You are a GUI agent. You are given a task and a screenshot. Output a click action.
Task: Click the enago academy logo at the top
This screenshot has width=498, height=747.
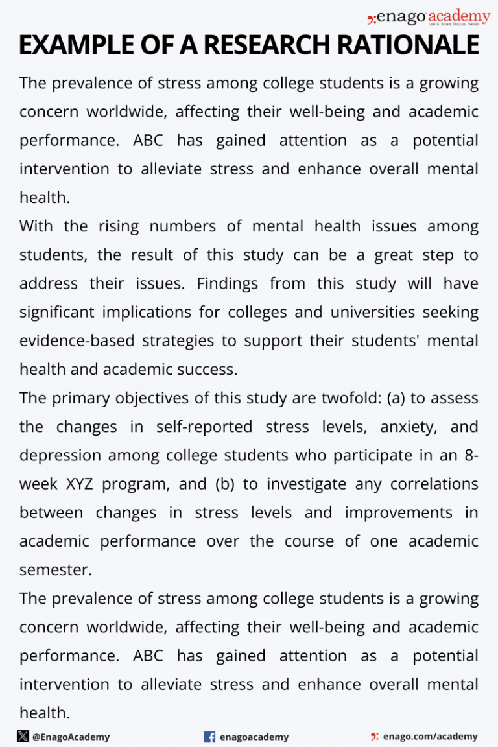click(429, 18)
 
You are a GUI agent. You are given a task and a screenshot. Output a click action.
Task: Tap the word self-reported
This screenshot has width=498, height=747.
click(204, 427)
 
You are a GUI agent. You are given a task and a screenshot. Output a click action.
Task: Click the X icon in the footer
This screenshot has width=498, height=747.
click(23, 736)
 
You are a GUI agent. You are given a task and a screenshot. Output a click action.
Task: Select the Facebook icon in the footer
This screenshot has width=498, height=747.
click(209, 737)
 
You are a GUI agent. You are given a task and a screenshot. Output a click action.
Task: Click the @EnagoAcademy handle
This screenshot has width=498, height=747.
click(71, 737)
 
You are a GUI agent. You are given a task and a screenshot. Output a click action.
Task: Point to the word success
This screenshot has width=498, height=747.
click(210, 370)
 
